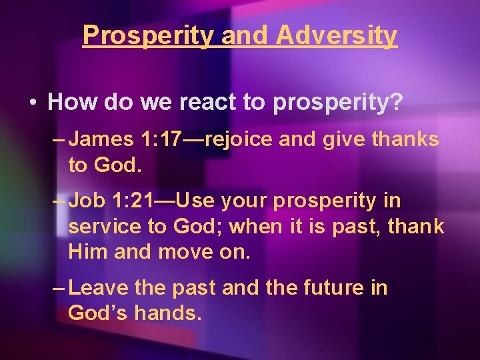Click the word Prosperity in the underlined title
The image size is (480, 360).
coord(147,35)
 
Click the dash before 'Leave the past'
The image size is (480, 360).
coord(58,288)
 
